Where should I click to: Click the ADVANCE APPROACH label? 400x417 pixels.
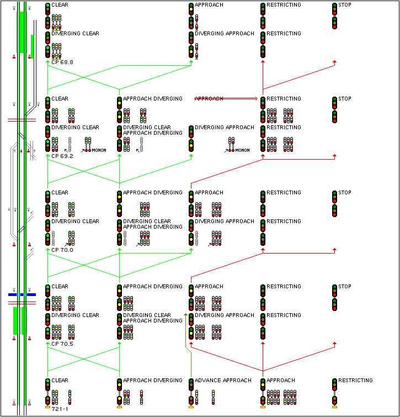tap(223, 381)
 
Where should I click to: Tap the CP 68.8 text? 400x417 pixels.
tap(62, 62)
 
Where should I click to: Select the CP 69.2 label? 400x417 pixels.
tap(62, 156)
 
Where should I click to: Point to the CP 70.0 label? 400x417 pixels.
tap(62, 250)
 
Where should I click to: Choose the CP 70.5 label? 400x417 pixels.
tap(62, 344)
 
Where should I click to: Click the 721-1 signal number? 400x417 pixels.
tap(60, 409)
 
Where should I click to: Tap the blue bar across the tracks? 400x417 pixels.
tap(22, 295)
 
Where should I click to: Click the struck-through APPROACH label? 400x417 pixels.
tap(209, 99)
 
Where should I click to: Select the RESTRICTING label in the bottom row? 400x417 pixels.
tap(355, 381)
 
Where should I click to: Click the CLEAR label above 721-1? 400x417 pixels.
tap(60, 381)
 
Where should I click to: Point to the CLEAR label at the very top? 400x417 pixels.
tap(60, 5)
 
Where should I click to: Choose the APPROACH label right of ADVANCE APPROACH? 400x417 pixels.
tap(280, 381)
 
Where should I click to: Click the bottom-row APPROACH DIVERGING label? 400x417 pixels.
tap(152, 381)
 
